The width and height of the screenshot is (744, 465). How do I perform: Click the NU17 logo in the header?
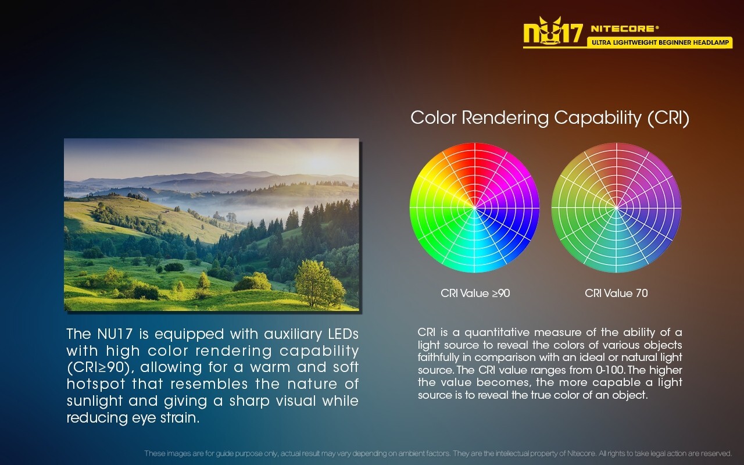[x=553, y=31]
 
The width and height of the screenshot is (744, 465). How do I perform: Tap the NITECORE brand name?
[x=624, y=28]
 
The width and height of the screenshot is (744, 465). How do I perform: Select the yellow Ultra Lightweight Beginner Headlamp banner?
[x=660, y=42]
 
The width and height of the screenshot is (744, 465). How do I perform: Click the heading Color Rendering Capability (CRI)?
[x=550, y=118]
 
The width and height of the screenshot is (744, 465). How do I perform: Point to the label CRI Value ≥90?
[x=475, y=294]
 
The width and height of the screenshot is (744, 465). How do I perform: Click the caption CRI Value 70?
[x=616, y=294]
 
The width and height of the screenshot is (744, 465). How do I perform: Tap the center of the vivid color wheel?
[x=475, y=208]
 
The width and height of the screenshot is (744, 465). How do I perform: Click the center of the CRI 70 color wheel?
[x=617, y=208]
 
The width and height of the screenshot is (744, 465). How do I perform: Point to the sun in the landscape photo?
[x=320, y=162]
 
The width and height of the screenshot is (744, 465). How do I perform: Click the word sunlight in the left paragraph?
[x=94, y=401]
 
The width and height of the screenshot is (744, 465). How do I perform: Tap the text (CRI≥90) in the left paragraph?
[x=98, y=368]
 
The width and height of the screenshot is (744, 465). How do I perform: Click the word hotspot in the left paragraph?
[x=96, y=384]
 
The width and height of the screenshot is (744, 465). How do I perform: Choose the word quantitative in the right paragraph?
[x=497, y=333]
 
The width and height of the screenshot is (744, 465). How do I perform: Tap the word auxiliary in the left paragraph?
[x=293, y=334]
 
